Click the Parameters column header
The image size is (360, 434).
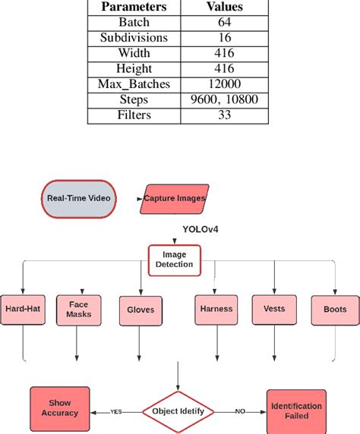point(134,7)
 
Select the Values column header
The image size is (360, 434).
point(224,7)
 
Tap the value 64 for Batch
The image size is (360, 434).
point(224,23)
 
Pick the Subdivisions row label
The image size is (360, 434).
point(134,38)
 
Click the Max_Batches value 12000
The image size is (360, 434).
point(224,84)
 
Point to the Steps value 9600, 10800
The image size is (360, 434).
point(224,99)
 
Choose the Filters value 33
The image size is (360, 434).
point(224,115)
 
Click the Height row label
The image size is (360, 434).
point(134,69)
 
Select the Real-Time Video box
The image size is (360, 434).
point(78,198)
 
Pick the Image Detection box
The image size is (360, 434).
point(175,260)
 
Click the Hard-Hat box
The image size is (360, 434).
point(24,310)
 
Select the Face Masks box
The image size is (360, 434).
point(78,309)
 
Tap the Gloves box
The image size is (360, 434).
point(140,310)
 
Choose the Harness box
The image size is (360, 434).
point(216,310)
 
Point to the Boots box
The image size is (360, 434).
point(334,310)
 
